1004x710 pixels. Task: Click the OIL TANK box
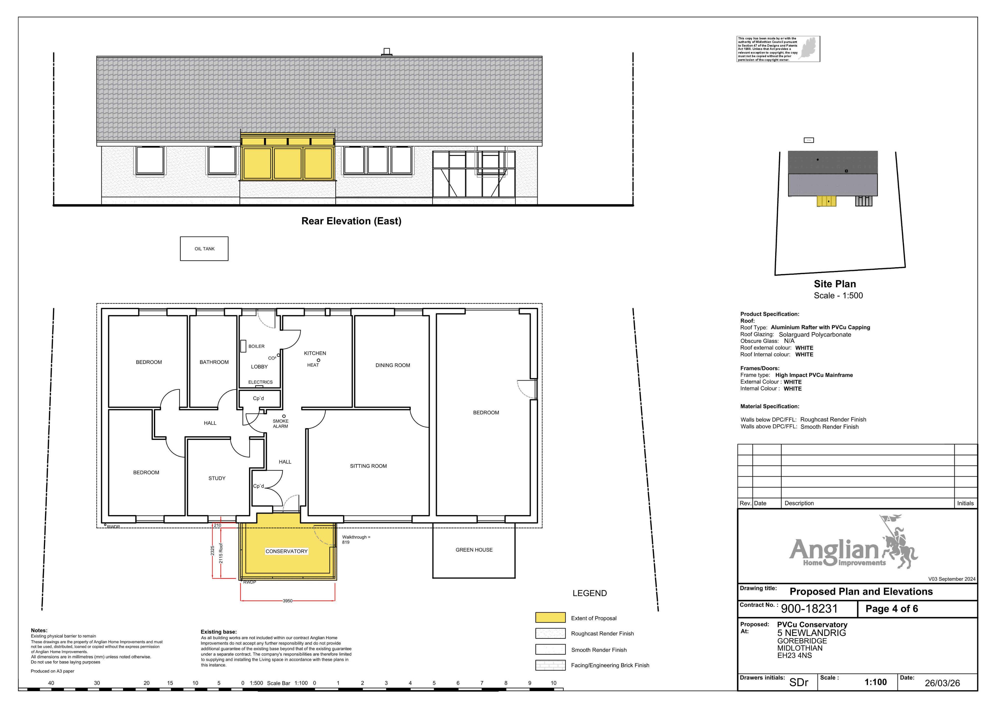coord(204,249)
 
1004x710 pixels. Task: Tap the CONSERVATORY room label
coord(287,551)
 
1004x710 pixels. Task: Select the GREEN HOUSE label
coord(474,550)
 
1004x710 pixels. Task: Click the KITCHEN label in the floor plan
coord(315,353)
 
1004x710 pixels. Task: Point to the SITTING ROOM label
coord(368,466)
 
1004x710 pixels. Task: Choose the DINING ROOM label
coord(393,365)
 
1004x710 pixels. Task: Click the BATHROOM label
coord(214,362)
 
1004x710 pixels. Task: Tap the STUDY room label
coord(217,478)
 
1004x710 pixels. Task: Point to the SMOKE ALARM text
coord(281,423)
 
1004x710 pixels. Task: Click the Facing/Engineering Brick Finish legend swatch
coord(550,665)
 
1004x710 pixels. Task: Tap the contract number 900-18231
coord(809,609)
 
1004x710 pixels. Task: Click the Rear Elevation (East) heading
coord(351,221)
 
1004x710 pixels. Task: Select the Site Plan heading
coord(835,284)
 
